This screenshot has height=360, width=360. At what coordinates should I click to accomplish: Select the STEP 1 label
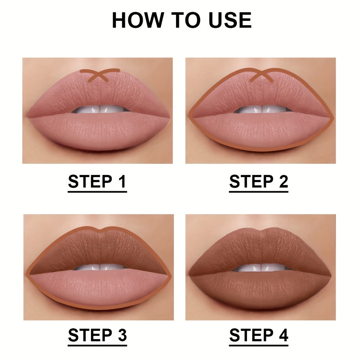[97, 182]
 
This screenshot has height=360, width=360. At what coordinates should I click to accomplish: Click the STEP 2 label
[258, 182]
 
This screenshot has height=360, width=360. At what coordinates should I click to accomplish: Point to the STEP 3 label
[97, 336]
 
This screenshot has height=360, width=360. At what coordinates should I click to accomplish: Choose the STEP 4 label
[258, 336]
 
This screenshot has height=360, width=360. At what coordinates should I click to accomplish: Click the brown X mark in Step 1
[100, 75]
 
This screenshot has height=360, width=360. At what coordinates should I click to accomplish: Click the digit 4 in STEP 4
[283, 336]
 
